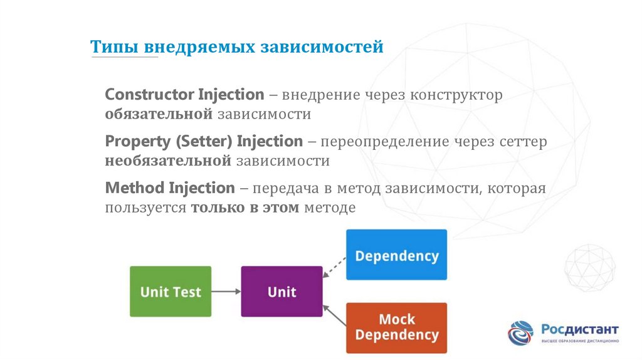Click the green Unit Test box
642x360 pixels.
click(170, 292)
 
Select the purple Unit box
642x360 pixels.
click(282, 292)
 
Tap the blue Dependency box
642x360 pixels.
click(396, 255)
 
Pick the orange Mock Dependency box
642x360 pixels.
click(396, 327)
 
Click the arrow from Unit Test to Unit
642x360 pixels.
click(226, 292)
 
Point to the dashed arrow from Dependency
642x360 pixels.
click(335, 267)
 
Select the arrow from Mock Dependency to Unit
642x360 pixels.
click(335, 315)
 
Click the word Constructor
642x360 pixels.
click(149, 95)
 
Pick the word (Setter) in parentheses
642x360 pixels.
click(203, 141)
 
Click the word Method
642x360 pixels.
click(135, 188)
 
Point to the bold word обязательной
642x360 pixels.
click(160, 114)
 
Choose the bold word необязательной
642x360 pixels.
click(169, 161)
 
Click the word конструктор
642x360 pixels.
click(456, 95)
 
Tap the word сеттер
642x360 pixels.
click(523, 142)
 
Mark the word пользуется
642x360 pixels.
click(145, 208)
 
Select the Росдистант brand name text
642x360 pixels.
click(579, 329)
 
